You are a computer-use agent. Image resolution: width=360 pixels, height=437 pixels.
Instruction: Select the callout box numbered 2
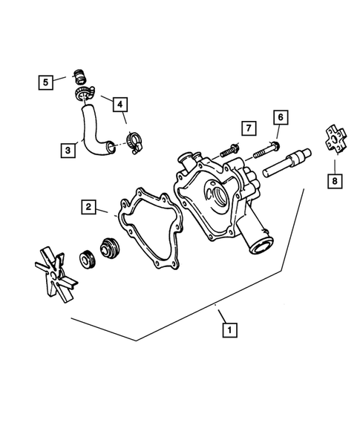point(88,208)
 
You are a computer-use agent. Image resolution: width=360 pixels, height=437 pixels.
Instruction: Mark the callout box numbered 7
point(248,128)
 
